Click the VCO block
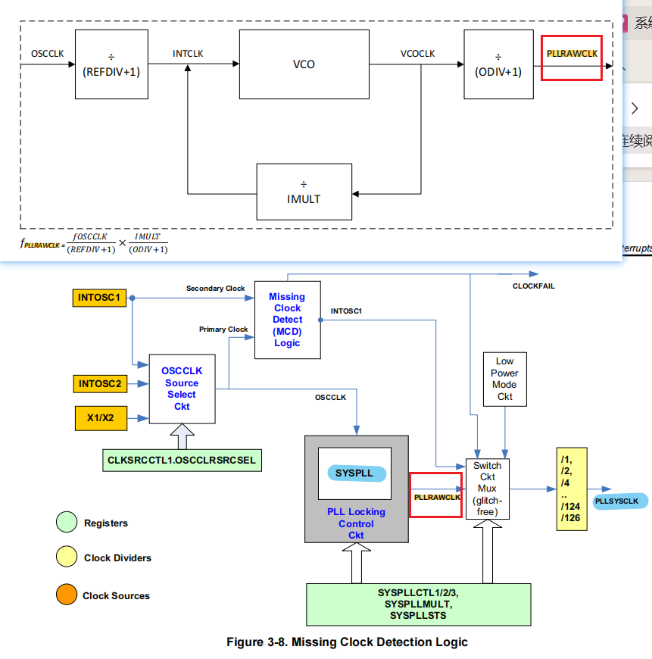[x=304, y=64]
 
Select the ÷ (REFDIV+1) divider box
[x=111, y=64]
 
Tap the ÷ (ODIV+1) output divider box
[x=498, y=64]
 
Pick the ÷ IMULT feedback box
[x=304, y=192]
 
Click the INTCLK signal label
[x=188, y=54]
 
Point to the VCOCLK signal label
[x=418, y=54]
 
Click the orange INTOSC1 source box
[x=99, y=298]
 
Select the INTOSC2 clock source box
[x=99, y=384]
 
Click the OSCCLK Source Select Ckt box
[x=182, y=389]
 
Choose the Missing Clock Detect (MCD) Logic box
[x=287, y=320]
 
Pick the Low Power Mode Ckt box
[x=504, y=379]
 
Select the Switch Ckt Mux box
[x=488, y=489]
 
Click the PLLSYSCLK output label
[x=619, y=501]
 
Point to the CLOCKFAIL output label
[x=534, y=286]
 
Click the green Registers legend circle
[x=67, y=523]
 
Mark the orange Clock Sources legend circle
[x=67, y=595]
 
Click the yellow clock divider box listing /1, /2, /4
[x=571, y=489]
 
